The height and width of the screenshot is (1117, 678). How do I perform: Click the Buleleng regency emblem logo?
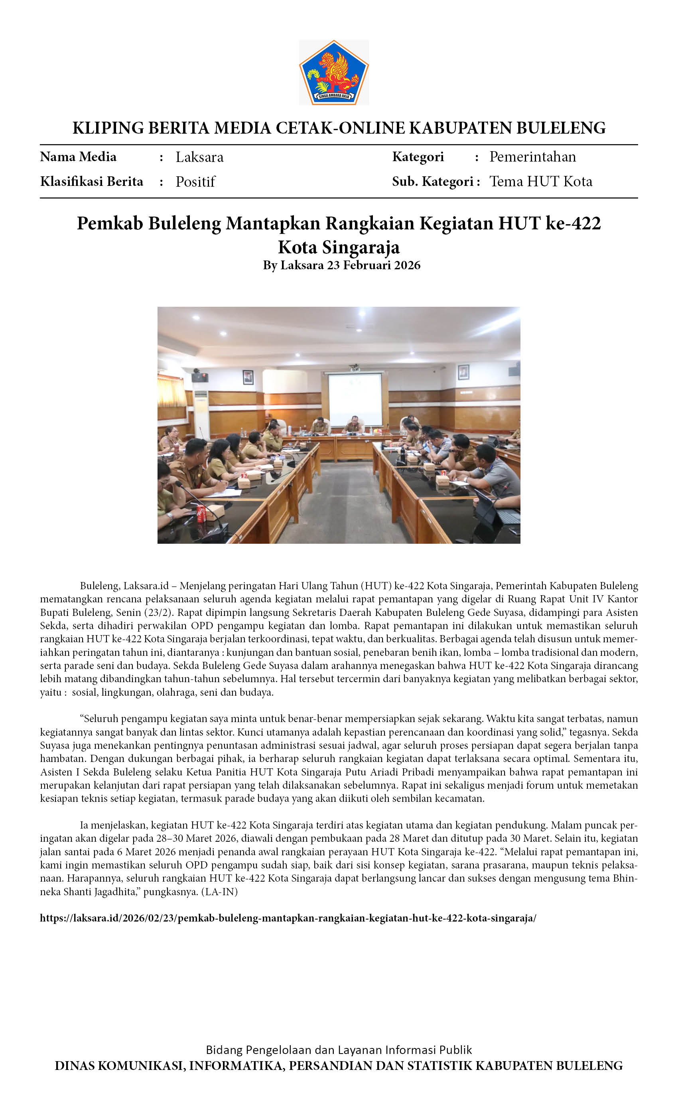pos(333,72)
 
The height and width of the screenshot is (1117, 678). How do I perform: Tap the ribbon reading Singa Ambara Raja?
pos(333,96)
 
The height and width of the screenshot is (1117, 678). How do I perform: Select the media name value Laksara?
pos(199,157)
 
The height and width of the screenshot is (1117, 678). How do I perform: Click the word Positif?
pos(195,182)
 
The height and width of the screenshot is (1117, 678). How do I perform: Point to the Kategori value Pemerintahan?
pos(532,157)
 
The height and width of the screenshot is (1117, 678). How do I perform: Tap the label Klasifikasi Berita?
pos(92,182)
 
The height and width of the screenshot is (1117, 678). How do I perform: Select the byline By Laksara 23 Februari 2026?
pos(342,265)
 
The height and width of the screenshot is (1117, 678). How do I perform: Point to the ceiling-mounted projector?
pos(355,368)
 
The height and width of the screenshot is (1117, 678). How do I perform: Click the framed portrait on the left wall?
pos(248,377)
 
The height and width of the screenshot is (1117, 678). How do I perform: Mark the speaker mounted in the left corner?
pos(199,377)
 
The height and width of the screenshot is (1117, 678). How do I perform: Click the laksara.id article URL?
pos(288,918)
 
